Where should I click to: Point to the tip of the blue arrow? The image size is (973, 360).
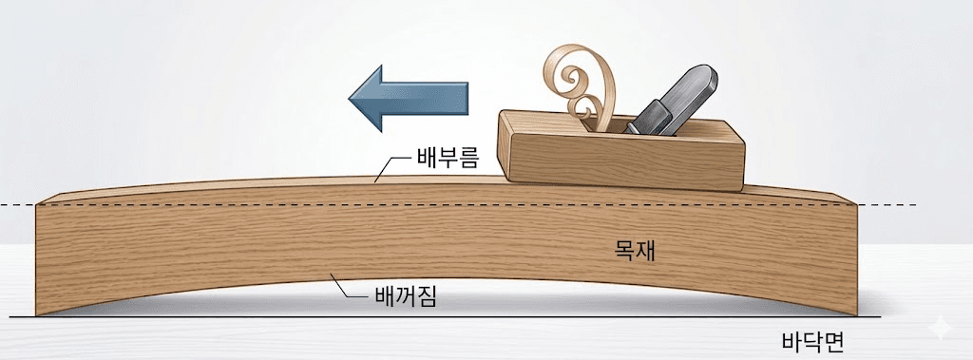pyautogui.click(x=349, y=99)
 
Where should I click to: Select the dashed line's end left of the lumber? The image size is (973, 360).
pyautogui.click(x=3, y=204)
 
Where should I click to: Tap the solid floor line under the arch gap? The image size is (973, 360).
pyautogui.click(x=447, y=316)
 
